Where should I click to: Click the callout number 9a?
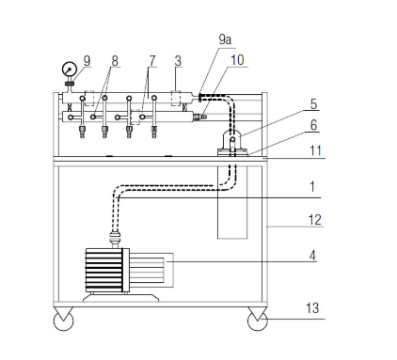[x=225, y=39]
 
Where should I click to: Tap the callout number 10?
[x=237, y=60]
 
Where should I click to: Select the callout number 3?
[x=178, y=61]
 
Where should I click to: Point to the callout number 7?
[x=152, y=61]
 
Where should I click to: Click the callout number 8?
[x=115, y=61]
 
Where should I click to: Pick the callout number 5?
[x=313, y=104]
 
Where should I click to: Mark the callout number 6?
[x=313, y=125]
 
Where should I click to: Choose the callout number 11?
[x=315, y=150]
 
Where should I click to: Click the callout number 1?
[x=312, y=186]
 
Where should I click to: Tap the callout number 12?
[x=315, y=220]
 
